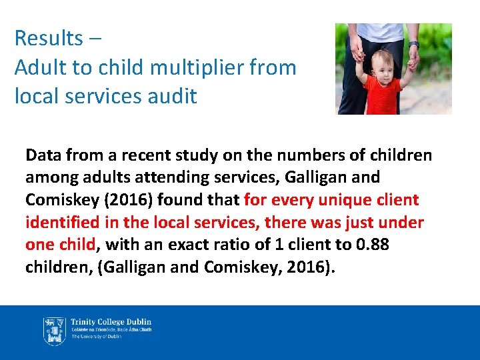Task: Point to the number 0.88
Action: tap(373, 244)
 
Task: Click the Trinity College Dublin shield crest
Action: tap(54, 329)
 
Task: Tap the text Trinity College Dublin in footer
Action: tap(111, 321)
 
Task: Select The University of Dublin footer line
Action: tap(97, 337)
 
